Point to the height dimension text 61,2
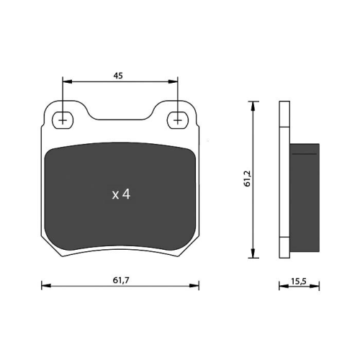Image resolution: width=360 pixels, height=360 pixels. [247, 179]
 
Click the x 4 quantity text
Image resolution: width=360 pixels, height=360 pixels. [120, 194]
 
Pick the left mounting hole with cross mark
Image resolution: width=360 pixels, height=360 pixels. [63, 120]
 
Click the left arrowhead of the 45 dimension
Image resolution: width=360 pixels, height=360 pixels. [67, 81]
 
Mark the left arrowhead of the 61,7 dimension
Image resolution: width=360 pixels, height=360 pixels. [45, 287]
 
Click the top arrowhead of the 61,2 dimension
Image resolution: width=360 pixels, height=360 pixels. [253, 105]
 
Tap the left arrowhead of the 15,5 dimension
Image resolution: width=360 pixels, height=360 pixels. [282, 287]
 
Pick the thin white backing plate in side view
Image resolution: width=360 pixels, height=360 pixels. [283, 180]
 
